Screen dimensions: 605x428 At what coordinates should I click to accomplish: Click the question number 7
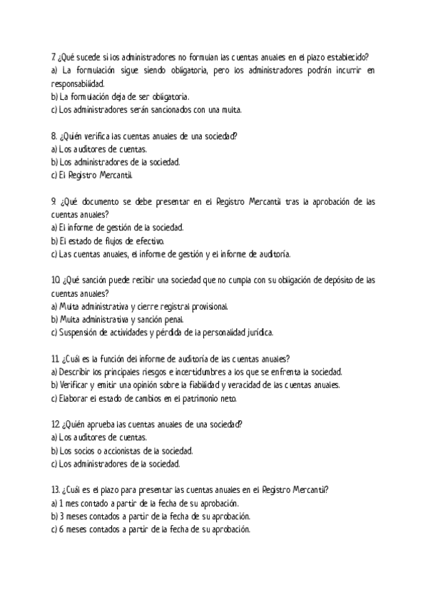coord(54,57)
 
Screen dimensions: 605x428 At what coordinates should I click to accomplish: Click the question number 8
coord(54,136)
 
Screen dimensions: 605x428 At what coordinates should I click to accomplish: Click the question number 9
coord(54,202)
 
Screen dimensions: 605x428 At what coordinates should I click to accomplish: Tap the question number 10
coord(56,280)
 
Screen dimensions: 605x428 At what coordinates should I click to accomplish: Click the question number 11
coord(55,359)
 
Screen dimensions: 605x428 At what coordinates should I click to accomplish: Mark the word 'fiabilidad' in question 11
coord(250,385)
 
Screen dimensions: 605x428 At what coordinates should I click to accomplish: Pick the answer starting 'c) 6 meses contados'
coord(151,529)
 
